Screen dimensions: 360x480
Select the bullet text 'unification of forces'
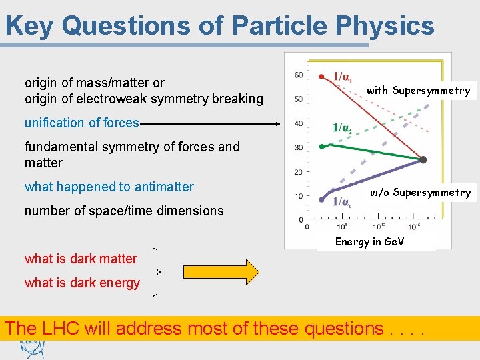[81, 123]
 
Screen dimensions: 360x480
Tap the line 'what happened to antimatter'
[109, 187]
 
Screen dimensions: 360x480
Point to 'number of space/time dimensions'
[124, 211]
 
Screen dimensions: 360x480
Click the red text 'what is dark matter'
[81, 259]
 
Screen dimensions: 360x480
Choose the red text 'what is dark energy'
[82, 283]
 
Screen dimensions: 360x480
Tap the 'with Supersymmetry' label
[418, 90]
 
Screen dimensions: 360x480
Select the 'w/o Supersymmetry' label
[420, 193]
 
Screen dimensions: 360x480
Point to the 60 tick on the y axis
[298, 75]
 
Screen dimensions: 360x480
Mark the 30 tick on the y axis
[298, 147]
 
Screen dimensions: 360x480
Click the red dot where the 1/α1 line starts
[321, 76]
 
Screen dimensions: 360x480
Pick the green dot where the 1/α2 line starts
[321, 145]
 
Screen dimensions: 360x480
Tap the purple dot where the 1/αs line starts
[321, 199]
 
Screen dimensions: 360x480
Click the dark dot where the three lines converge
[423, 160]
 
